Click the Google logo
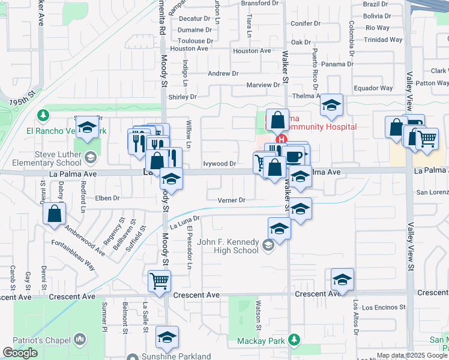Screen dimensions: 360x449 [20, 353]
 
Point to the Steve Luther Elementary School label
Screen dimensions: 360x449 [58, 158]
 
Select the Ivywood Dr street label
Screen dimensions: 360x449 [220, 163]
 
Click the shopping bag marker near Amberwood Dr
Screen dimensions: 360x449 [55, 214]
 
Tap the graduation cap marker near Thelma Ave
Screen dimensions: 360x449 [331, 104]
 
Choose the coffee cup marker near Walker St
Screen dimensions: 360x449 [294, 156]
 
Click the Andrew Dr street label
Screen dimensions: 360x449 [223, 74]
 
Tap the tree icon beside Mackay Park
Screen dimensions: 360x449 [294, 341]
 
